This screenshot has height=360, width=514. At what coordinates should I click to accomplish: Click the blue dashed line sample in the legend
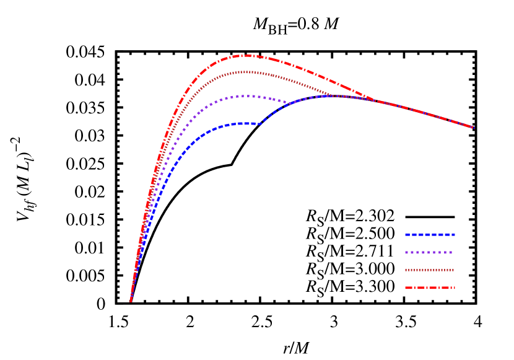point(430,235)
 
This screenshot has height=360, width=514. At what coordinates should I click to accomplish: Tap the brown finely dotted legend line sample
point(430,270)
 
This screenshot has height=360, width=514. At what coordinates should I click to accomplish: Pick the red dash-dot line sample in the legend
point(430,288)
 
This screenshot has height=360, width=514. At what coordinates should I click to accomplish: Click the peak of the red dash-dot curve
point(246,56)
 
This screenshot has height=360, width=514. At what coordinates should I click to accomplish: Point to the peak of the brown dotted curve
point(245,72)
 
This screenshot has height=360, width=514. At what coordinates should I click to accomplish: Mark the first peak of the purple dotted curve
point(245,96)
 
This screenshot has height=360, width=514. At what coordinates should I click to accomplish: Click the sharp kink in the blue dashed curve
point(261,123)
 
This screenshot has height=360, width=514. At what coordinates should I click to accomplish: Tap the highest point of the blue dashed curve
point(334,95)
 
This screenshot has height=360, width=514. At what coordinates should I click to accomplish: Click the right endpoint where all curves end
point(474,128)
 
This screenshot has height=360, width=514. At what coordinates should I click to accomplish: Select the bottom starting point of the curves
point(131,301)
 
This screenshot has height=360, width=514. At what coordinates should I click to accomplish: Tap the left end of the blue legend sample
point(406,235)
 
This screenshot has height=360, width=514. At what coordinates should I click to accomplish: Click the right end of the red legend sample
point(455,288)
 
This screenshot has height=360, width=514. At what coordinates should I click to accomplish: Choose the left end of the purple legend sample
point(406,253)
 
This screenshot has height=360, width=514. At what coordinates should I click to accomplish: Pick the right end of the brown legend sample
point(454,270)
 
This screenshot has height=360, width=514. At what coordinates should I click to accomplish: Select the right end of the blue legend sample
point(455,235)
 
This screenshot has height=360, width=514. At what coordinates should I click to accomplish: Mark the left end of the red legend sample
point(406,288)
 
